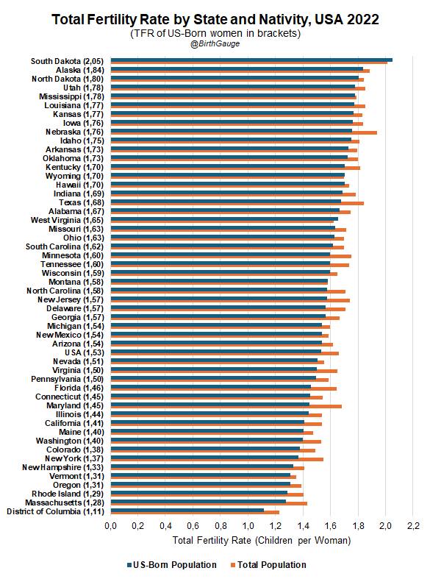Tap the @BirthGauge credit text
(215, 43)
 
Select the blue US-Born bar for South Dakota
(251, 60)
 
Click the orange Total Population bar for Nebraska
(244, 132)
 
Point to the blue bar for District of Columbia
(187, 510)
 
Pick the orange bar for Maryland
(226, 407)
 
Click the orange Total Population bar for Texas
(237, 204)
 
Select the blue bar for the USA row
(216, 351)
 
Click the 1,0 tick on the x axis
(248, 525)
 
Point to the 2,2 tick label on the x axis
(413, 525)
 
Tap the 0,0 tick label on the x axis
(111, 525)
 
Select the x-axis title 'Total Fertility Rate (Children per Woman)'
(262, 540)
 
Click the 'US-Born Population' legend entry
(172, 564)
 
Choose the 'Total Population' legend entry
(268, 564)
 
